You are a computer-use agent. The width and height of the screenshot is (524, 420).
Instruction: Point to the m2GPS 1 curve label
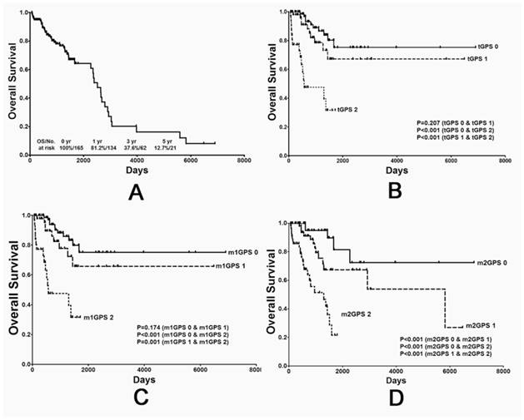click(x=482, y=325)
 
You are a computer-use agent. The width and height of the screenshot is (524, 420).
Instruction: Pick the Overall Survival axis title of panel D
click(x=275, y=285)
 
